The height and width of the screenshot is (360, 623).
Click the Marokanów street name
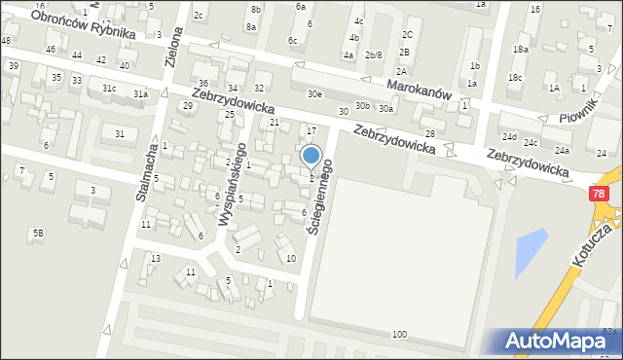419,85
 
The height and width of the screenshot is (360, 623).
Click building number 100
398,334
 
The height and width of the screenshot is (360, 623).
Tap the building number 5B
38,233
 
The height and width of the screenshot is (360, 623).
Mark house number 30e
314,94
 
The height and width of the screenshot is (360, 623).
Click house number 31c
109,89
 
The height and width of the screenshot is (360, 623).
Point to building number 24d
509,138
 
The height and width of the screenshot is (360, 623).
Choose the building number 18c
515,77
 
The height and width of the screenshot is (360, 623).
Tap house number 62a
608,332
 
